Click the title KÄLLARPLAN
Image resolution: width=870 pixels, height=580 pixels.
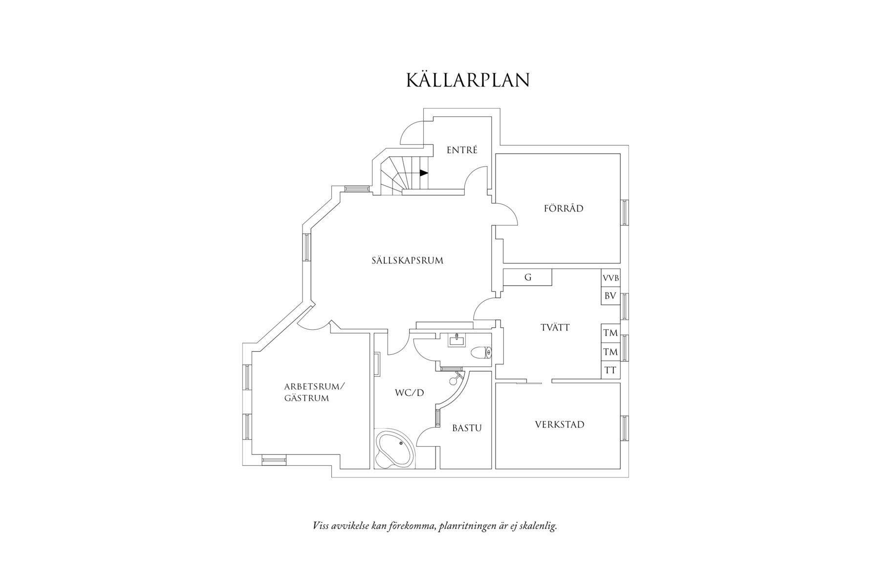point(468,80)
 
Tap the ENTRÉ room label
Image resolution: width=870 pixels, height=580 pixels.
point(462,150)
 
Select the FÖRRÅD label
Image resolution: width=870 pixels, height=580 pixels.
point(564,209)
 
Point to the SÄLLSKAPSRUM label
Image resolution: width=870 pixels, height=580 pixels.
point(407,260)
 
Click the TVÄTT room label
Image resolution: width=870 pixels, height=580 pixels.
point(555,328)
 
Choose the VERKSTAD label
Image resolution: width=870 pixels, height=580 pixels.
point(560,425)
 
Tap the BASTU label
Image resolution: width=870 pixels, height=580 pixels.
point(467,428)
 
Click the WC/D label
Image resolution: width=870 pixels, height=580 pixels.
point(410,392)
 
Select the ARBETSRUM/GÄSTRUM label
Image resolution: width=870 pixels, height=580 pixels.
point(314,392)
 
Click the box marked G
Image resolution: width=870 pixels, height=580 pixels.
point(528,278)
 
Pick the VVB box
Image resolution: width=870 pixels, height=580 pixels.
point(610,278)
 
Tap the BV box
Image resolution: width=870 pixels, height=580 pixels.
point(610,296)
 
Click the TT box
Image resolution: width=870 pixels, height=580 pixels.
point(610,370)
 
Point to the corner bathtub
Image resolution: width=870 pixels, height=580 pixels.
point(394,449)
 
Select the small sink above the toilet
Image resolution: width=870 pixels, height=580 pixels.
point(457,340)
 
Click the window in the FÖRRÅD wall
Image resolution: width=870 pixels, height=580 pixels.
point(625,213)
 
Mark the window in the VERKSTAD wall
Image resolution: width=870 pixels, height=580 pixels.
point(625,429)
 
